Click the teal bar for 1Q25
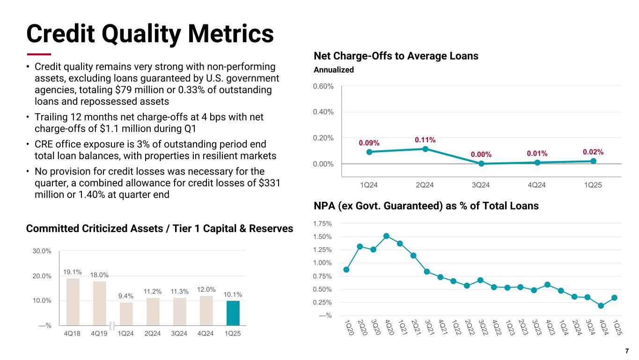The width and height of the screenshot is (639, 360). point(233,313)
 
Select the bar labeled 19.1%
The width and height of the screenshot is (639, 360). point(73,301)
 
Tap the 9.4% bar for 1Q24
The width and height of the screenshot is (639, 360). point(126,314)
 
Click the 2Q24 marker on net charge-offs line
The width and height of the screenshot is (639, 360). point(425,149)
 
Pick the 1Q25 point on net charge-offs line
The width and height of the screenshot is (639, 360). point(593,161)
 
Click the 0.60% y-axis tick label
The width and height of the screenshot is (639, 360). point(323,86)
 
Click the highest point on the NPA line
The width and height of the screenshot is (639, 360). point(387,236)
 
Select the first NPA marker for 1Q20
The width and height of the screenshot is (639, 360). point(346,269)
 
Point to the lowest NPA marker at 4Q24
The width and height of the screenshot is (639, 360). point(601,306)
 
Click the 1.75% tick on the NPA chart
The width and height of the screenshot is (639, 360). point(323,224)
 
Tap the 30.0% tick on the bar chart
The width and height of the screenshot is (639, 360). point(42,251)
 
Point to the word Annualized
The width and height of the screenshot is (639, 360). point(333,70)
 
